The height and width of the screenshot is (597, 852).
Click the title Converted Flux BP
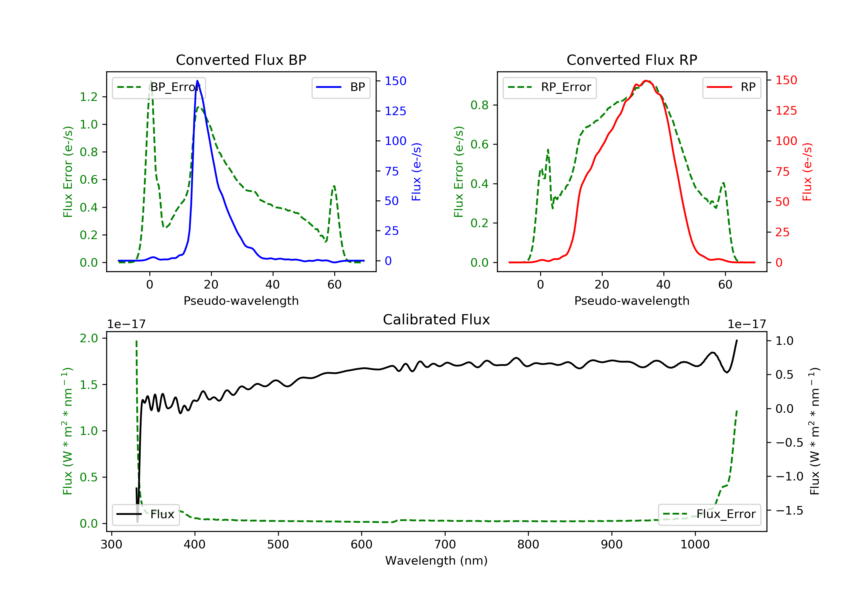[x=241, y=60]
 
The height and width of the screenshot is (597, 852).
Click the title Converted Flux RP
[x=632, y=60]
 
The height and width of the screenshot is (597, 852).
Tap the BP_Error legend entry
[x=159, y=87]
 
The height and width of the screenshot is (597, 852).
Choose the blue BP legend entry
[x=341, y=87]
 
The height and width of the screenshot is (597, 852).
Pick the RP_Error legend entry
[x=549, y=87]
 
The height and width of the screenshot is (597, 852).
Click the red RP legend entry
[x=731, y=87]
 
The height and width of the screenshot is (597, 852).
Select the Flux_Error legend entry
[x=709, y=514]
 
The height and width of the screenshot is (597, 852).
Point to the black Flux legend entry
[x=145, y=514]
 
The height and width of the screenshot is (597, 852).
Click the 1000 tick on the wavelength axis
[x=695, y=544]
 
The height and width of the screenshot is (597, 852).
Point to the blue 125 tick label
[x=395, y=111]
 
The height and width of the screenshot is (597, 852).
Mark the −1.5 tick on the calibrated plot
[x=789, y=511]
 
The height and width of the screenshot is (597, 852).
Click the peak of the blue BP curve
[x=197, y=81]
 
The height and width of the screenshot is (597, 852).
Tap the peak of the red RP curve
[x=646, y=81]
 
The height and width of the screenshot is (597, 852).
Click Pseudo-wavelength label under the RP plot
[x=632, y=300]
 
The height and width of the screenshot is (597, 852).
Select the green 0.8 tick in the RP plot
[x=479, y=105]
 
